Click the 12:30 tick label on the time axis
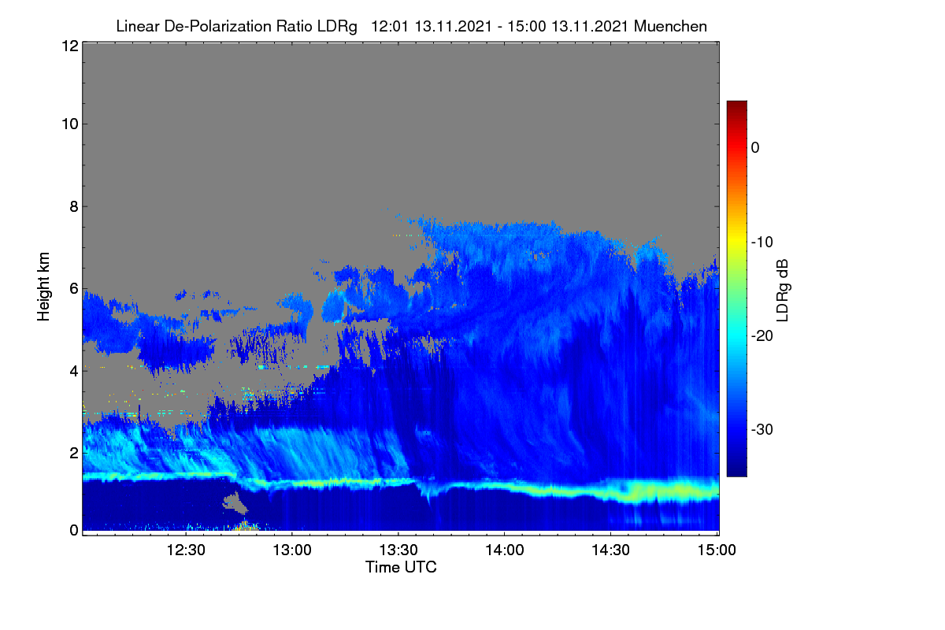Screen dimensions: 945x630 [x=186, y=550]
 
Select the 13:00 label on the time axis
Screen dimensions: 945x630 [x=292, y=550]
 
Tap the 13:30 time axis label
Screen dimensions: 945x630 [x=398, y=550]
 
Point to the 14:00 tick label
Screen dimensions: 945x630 [x=505, y=550]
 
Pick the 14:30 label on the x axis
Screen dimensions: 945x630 [x=610, y=550]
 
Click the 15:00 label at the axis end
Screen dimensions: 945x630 [x=717, y=550]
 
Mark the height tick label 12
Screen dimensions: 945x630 [x=70, y=46]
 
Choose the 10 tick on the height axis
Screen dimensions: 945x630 [x=70, y=124]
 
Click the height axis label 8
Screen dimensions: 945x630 [x=74, y=207]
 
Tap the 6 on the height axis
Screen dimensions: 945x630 [x=74, y=289]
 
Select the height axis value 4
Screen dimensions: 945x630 [x=74, y=372]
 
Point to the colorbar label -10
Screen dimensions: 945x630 [x=762, y=243]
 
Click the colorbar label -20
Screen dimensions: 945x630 [x=762, y=336]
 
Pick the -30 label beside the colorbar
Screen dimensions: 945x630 [x=762, y=429]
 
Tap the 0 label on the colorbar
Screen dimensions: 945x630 [x=755, y=148]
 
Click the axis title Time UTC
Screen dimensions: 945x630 [x=401, y=567]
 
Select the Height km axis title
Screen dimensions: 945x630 [x=43, y=287]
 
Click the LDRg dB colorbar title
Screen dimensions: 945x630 [x=782, y=291]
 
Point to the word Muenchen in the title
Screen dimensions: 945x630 [x=670, y=27]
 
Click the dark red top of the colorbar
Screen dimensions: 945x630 [x=736, y=106]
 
